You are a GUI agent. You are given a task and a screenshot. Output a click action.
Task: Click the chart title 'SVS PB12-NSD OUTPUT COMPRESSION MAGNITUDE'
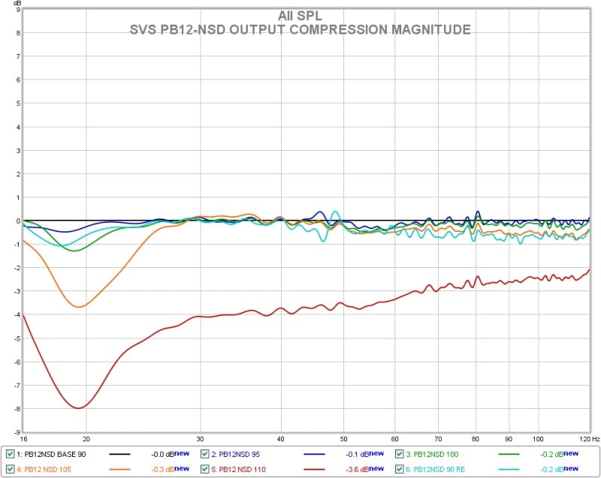point(300,30)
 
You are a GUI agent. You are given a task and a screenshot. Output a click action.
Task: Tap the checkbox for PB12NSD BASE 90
point(10,454)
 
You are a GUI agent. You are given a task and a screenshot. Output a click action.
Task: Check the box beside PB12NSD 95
point(205,454)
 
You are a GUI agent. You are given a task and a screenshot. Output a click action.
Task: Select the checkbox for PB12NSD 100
point(400,454)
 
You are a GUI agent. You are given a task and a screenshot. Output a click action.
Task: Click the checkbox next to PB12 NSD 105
point(10,469)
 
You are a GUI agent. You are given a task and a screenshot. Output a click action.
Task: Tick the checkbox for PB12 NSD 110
point(205,469)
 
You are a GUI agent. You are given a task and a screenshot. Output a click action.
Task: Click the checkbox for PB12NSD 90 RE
point(400,469)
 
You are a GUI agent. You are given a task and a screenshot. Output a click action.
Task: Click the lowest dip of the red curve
point(78,407)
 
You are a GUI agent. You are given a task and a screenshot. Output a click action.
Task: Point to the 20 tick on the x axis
point(86,438)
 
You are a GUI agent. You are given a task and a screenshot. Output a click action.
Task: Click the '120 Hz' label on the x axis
point(589,438)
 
